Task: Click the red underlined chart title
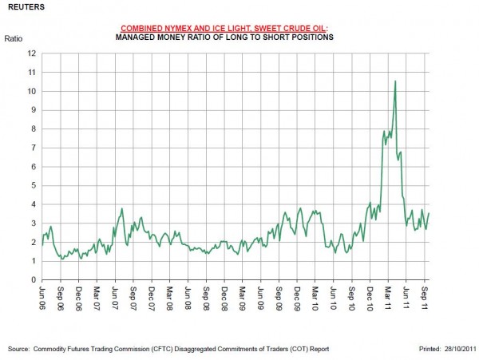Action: (224, 28)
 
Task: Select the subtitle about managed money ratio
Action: (224, 38)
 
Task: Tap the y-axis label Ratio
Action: (14, 38)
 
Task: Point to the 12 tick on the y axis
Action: (32, 53)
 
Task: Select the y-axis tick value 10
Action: (32, 91)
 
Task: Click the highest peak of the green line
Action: (395, 81)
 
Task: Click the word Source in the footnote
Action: (18, 349)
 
